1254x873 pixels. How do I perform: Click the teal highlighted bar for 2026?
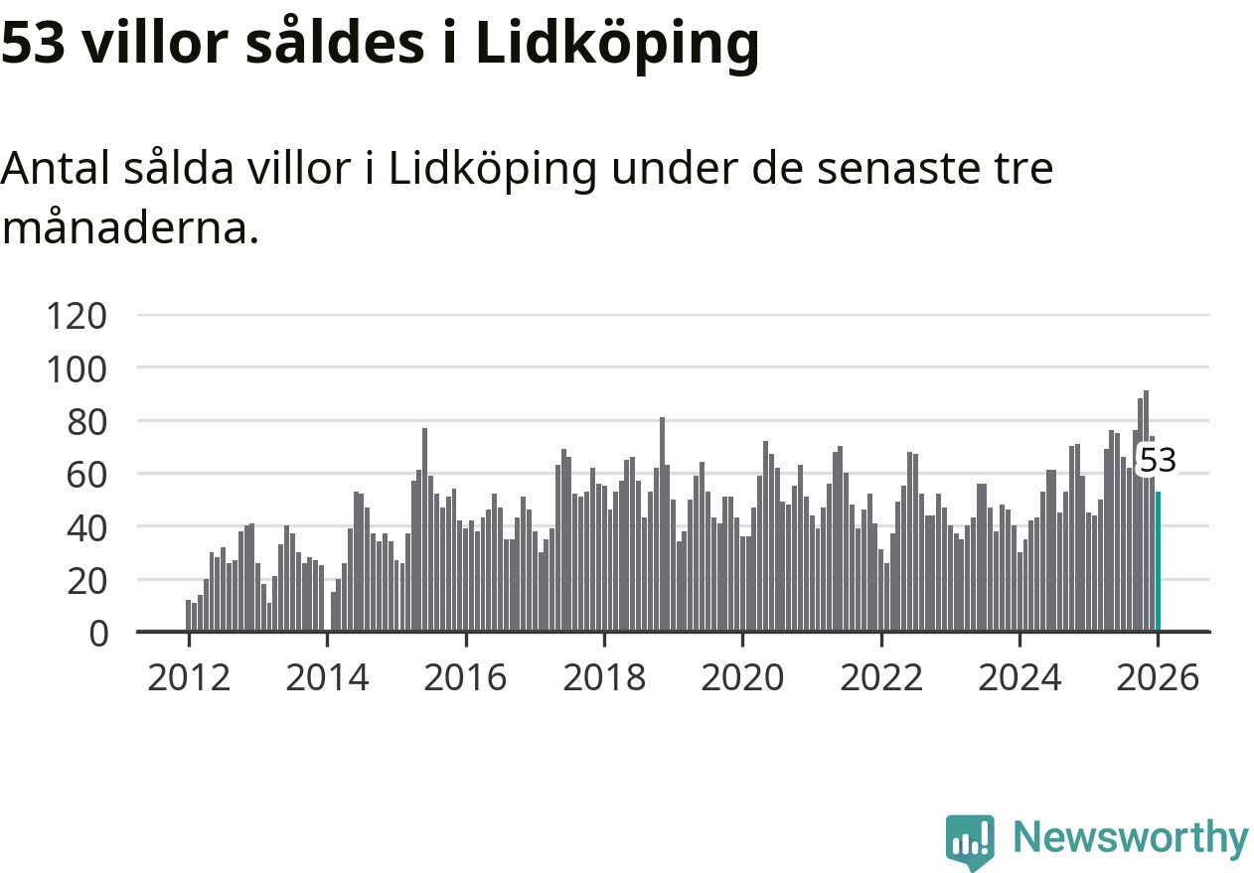pyautogui.click(x=1158, y=561)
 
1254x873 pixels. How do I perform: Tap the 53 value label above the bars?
pyautogui.click(x=1157, y=461)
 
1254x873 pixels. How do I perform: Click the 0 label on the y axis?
pyautogui.click(x=98, y=633)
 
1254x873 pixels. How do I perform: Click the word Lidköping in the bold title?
pyautogui.click(x=617, y=45)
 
